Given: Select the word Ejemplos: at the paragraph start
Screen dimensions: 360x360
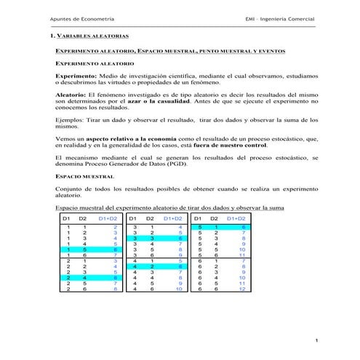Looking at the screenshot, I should (73, 119).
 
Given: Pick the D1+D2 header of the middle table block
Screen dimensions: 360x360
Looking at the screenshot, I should (173, 218).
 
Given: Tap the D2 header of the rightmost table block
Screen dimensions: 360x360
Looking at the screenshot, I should (215, 218).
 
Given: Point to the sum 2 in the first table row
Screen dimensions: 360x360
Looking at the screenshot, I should (114, 228).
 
